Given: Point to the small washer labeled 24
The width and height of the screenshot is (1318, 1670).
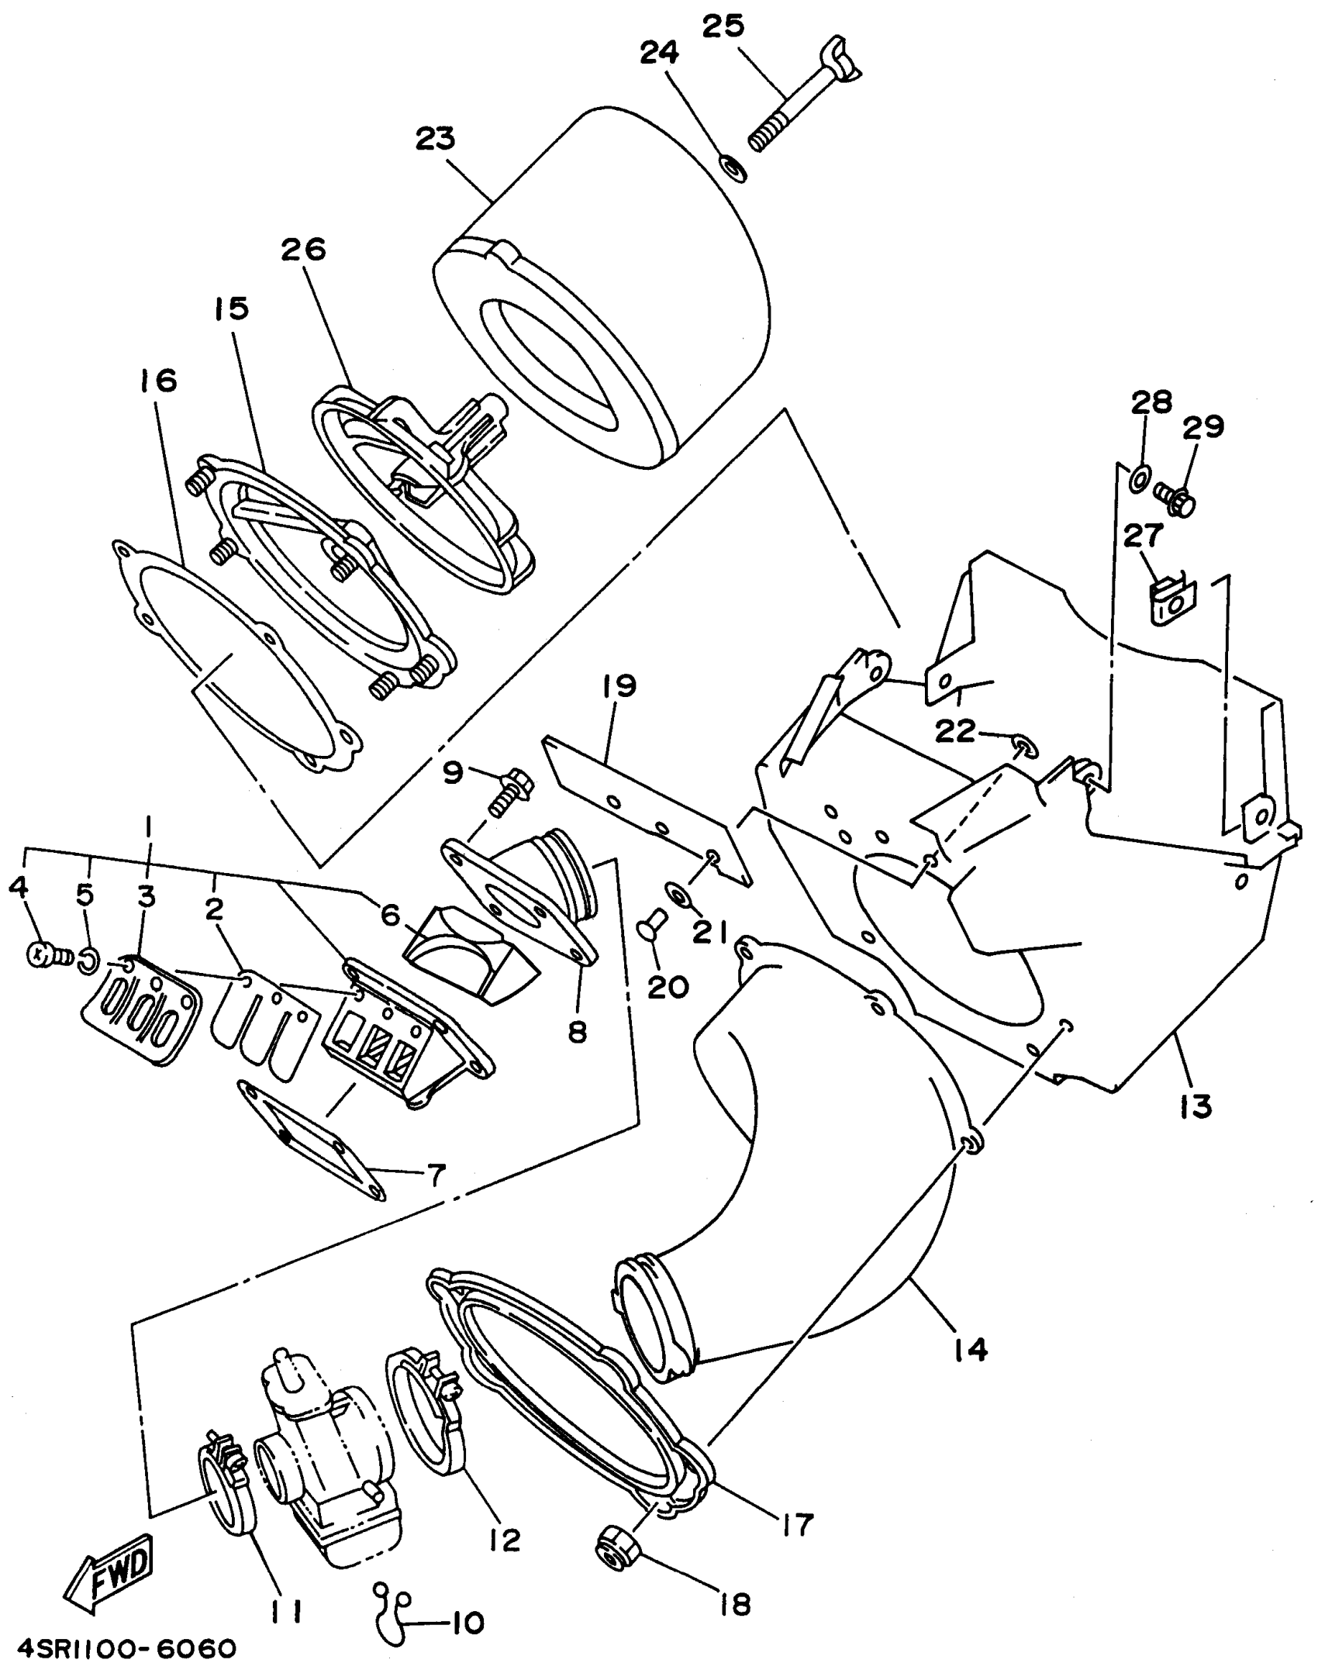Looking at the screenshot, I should click(x=733, y=167).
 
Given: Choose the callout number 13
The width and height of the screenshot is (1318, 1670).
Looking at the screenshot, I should click(x=1195, y=1106).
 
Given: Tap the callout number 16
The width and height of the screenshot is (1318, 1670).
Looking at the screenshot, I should click(x=158, y=381).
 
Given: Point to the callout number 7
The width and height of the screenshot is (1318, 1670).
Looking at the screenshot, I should click(x=435, y=1176).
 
